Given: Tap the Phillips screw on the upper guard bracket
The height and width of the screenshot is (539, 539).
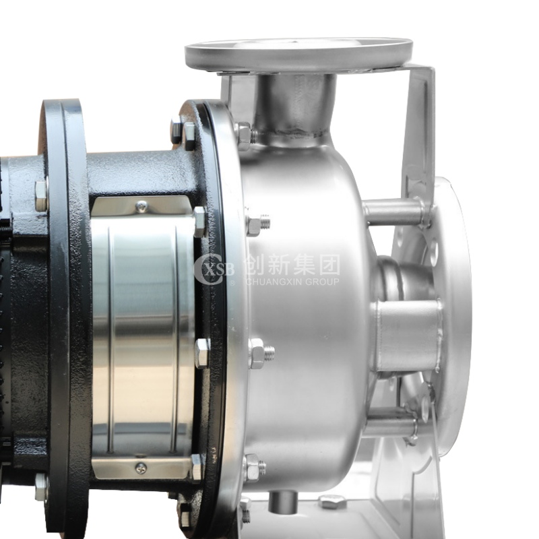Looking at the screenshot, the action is (x=141, y=206).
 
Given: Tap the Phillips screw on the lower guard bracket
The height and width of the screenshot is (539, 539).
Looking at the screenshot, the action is (x=141, y=468).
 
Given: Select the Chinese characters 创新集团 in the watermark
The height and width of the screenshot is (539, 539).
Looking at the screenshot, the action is (x=292, y=265).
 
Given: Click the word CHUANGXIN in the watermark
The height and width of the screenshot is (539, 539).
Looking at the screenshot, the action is (x=273, y=282).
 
